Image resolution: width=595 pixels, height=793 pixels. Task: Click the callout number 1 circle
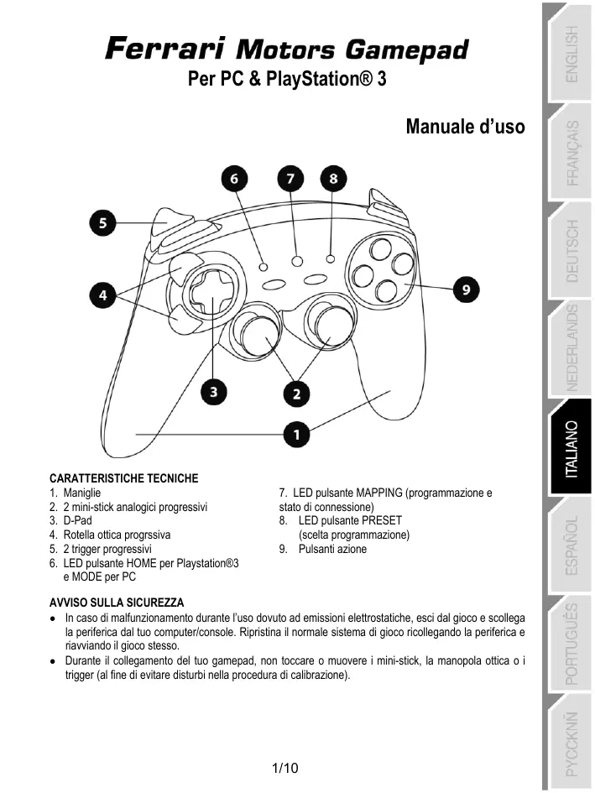297,434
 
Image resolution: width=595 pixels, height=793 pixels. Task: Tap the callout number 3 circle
214,390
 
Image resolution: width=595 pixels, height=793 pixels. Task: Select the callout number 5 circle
103,223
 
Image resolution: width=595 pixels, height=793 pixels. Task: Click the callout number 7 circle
290,180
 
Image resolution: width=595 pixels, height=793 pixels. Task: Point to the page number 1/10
286,768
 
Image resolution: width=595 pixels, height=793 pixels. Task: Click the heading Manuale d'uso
465,127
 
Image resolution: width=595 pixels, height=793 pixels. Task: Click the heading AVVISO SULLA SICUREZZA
117,603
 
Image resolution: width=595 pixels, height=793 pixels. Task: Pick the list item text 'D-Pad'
77,520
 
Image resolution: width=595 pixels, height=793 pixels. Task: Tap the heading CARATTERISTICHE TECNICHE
124,478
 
